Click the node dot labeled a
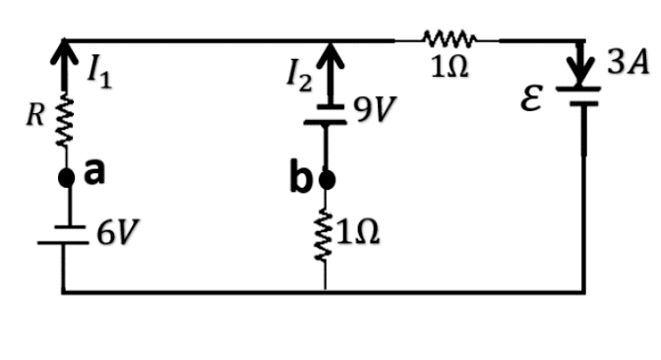(66, 177)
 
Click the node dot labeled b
(328, 180)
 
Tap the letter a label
(94, 172)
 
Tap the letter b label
(300, 177)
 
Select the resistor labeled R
(65, 120)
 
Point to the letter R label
(35, 115)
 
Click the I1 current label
(99, 75)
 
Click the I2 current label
(300, 78)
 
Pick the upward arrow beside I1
(64, 65)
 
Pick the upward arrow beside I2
(330, 74)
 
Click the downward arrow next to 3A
(581, 64)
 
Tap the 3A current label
(629, 63)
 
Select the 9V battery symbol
(326, 114)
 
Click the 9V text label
(375, 109)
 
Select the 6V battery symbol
(63, 235)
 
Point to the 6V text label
(118, 232)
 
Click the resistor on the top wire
(450, 38)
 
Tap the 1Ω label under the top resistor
(450, 67)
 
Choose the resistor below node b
(325, 235)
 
